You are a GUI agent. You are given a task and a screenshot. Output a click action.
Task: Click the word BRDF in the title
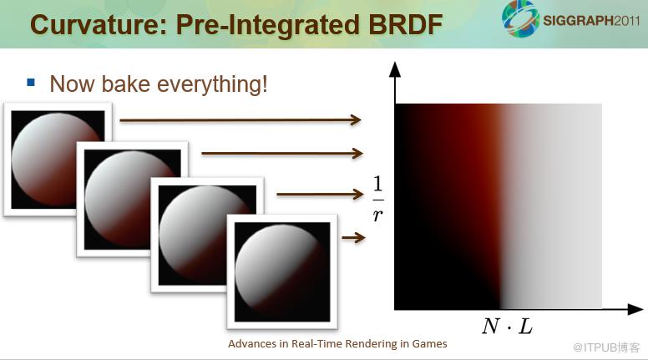(405, 25)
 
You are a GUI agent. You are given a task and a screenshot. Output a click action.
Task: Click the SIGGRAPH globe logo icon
(520, 18)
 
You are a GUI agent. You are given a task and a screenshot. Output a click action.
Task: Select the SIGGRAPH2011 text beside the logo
(591, 21)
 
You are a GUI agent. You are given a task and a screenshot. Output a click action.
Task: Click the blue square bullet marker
(31, 82)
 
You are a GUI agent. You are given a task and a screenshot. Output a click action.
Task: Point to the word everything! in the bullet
(212, 84)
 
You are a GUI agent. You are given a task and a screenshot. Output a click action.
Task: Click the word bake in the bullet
(125, 84)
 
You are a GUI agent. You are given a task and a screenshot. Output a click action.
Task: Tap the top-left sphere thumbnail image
(58, 160)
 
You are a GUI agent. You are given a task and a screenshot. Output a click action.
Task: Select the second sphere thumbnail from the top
(132, 200)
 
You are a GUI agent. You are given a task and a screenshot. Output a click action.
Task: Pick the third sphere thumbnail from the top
(207, 235)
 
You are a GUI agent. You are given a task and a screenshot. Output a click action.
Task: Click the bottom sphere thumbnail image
(282, 271)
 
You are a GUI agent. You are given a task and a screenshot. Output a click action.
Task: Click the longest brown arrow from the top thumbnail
(240, 120)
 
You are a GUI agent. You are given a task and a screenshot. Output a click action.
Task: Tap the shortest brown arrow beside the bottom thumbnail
(354, 238)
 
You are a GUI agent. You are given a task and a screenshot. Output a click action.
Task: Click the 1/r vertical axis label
(377, 199)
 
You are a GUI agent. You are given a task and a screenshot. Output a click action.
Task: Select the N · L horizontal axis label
(508, 327)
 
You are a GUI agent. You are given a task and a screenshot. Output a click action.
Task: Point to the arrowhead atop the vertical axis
(395, 69)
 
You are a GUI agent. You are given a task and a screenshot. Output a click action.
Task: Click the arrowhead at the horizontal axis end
(635, 309)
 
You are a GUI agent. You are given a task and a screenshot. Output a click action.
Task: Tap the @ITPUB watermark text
(606, 347)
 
